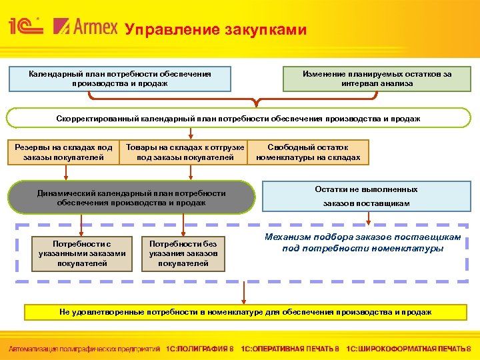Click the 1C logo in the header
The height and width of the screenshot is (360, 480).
pos(25,27)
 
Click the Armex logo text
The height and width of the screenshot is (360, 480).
pos(85,27)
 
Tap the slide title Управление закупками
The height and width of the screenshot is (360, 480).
pos(217,30)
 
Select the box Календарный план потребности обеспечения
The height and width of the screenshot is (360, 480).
pos(120,79)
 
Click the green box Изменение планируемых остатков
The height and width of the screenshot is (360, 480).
pos(377,79)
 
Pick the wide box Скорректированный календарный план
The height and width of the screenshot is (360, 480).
pos(238,119)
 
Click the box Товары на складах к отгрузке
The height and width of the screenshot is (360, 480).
pos(185,153)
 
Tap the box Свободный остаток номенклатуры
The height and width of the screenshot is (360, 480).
pos(308,153)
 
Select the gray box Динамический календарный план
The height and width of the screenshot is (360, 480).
pos(131,197)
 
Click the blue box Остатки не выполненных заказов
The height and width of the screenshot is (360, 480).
pos(367,197)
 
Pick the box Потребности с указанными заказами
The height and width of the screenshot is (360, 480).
pos(80,254)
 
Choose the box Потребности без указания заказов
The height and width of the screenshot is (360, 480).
pos(183,254)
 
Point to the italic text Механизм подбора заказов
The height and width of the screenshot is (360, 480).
pos(363,243)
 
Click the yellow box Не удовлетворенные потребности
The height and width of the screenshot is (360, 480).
pos(245,312)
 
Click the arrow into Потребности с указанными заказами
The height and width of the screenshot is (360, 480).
pos(81,224)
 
